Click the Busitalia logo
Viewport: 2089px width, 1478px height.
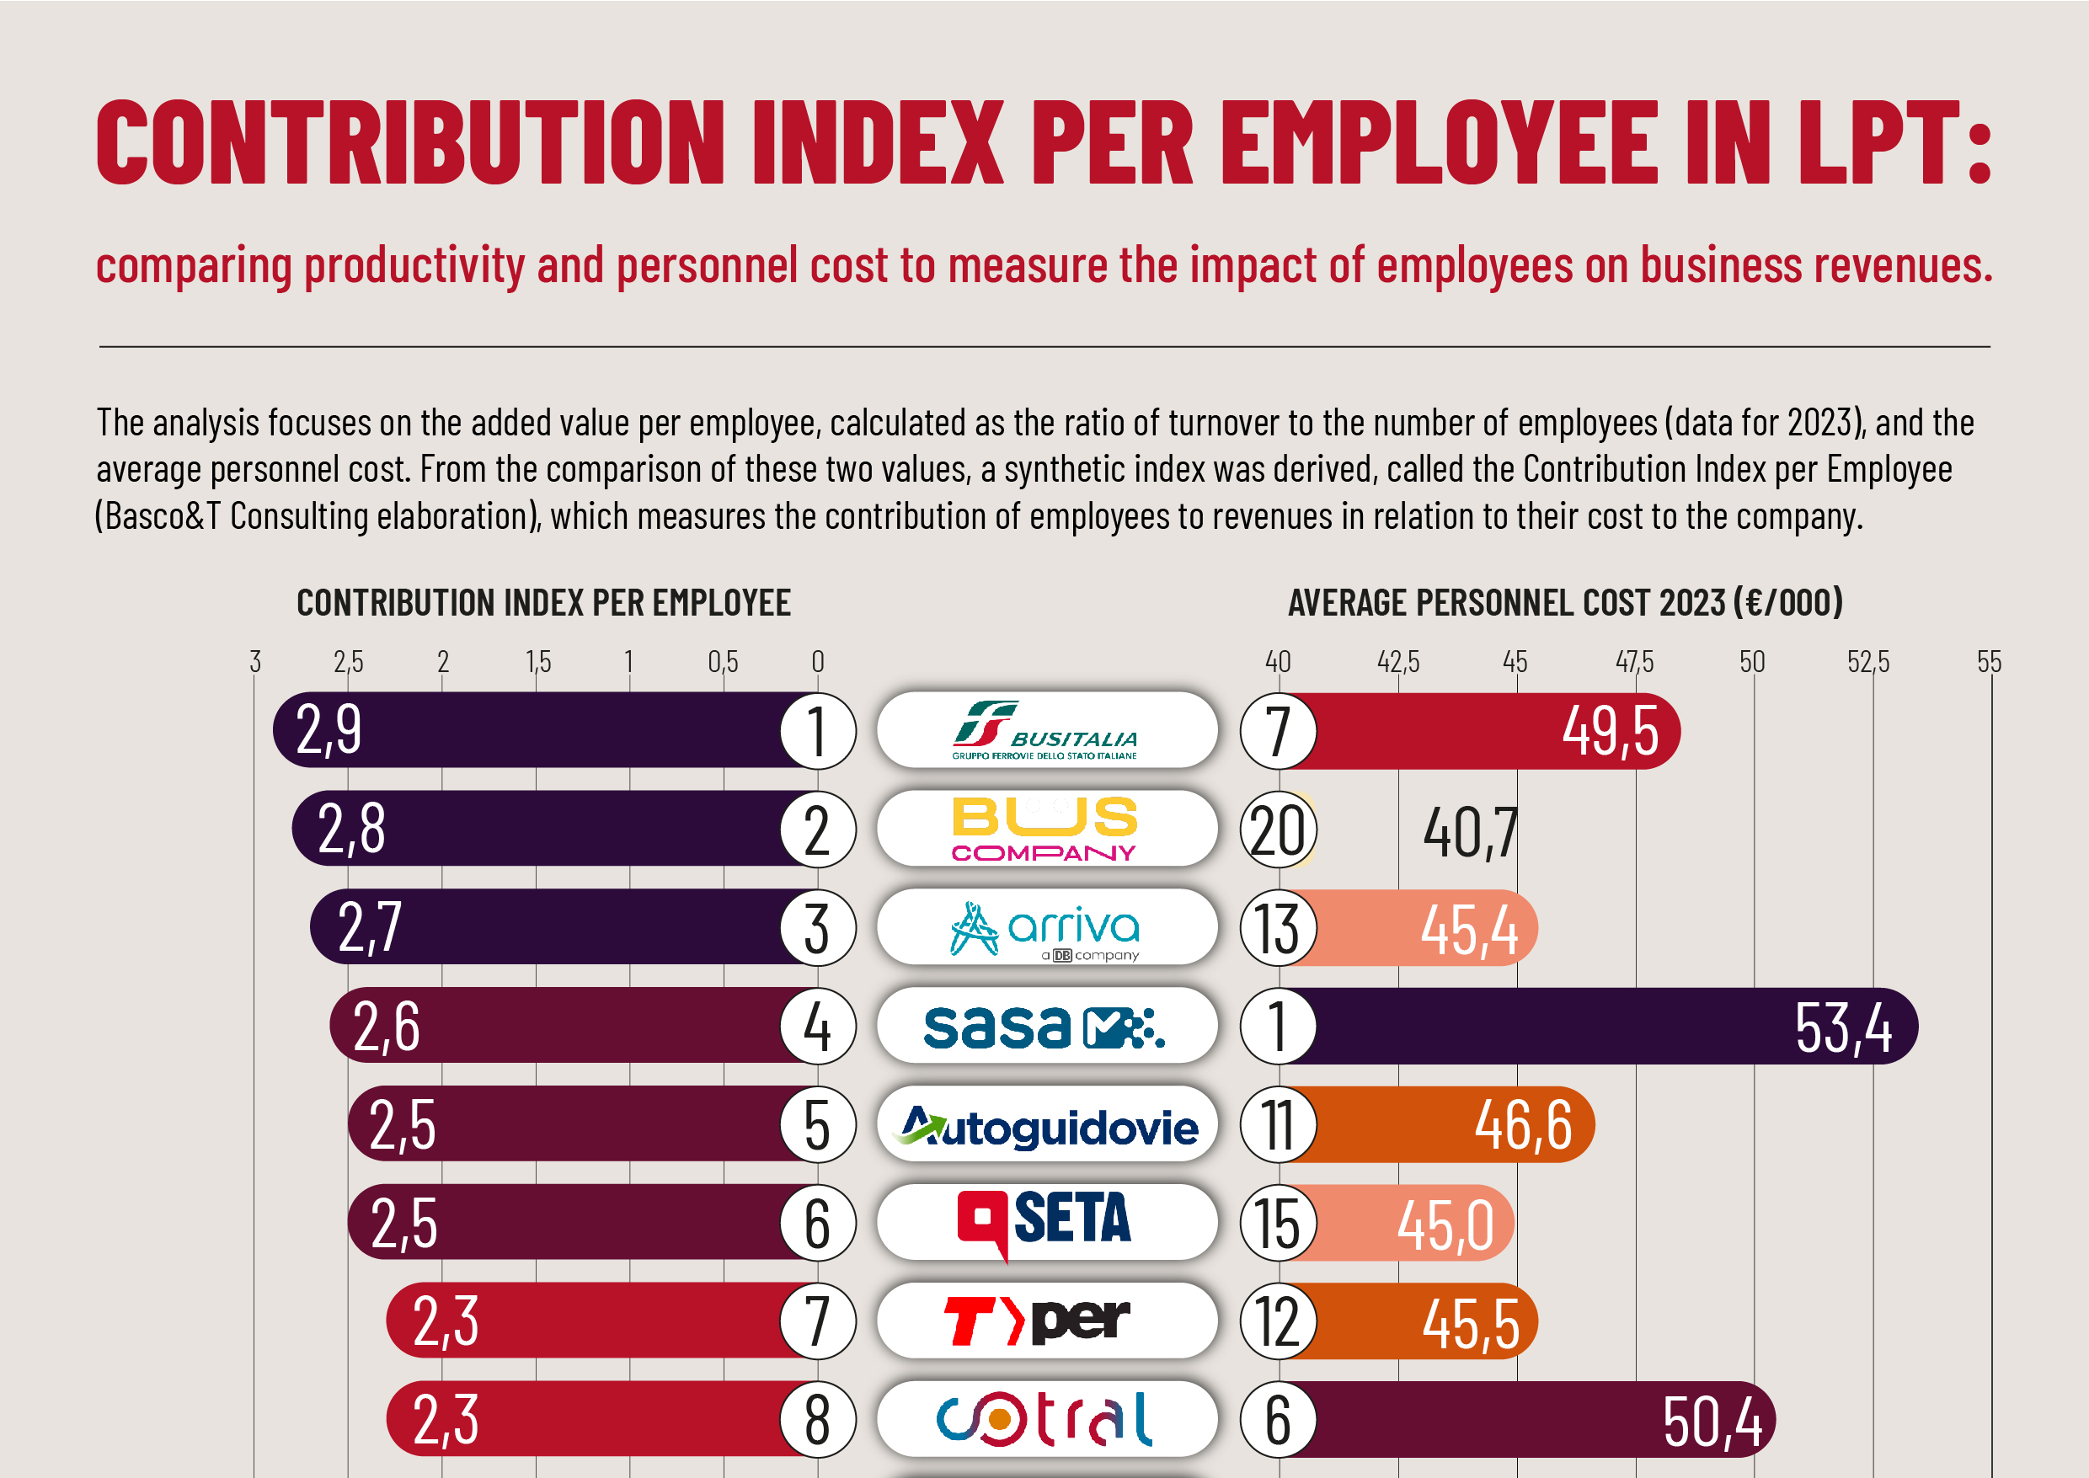(1046, 730)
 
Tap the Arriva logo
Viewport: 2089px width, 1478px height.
(1046, 927)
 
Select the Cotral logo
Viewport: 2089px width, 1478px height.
(1046, 1418)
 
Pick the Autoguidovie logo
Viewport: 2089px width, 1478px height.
(1049, 1126)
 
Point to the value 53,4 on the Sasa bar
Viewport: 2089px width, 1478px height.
(1842, 1027)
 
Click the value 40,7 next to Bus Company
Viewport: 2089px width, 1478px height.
(1469, 832)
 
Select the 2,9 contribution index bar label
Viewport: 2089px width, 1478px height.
(329, 730)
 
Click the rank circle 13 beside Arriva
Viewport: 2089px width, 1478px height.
(1277, 928)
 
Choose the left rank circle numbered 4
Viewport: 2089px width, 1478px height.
(816, 1027)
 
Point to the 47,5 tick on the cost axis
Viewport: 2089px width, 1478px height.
(1634, 662)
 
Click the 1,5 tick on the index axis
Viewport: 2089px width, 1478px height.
(538, 662)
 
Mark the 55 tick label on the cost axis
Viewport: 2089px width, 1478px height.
(1989, 662)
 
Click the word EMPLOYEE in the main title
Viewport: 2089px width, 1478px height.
(1438, 142)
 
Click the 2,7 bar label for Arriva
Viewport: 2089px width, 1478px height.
(369, 928)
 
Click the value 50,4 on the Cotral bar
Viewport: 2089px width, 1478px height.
(1712, 1421)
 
